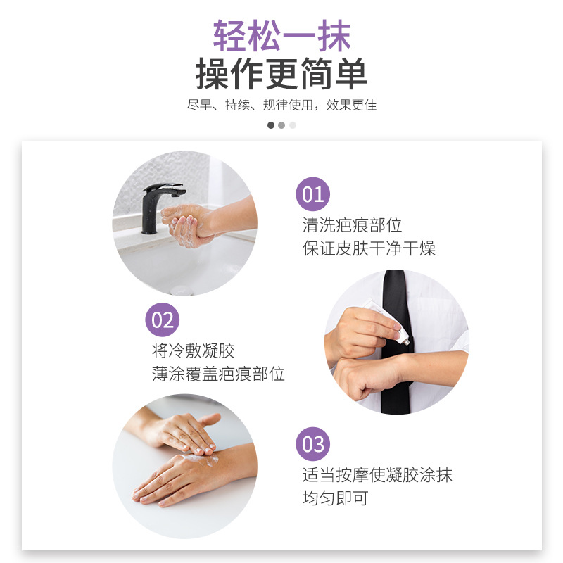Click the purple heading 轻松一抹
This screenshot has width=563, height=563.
tap(282, 36)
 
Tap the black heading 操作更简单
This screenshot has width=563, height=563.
tap(281, 74)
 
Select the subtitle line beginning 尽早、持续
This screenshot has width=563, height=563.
tap(281, 105)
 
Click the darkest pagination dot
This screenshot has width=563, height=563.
tap(271, 125)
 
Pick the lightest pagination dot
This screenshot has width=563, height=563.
tap(293, 125)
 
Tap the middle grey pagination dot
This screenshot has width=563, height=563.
tap(282, 125)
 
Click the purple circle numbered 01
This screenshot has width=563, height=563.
tap(312, 194)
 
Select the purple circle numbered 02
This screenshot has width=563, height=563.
tap(163, 320)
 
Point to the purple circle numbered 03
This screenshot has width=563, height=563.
tap(312, 444)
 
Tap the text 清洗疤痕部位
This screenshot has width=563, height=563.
tap(352, 225)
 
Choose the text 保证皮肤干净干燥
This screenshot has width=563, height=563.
tap(369, 248)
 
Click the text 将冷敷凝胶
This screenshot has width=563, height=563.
tap(193, 350)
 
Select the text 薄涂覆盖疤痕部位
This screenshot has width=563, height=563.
tap(218, 374)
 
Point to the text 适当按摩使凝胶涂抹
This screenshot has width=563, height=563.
tap(377, 474)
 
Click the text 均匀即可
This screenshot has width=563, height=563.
tap(336, 498)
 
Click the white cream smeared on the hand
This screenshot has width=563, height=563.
tap(201, 459)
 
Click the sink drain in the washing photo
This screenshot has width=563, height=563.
tap(182, 290)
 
